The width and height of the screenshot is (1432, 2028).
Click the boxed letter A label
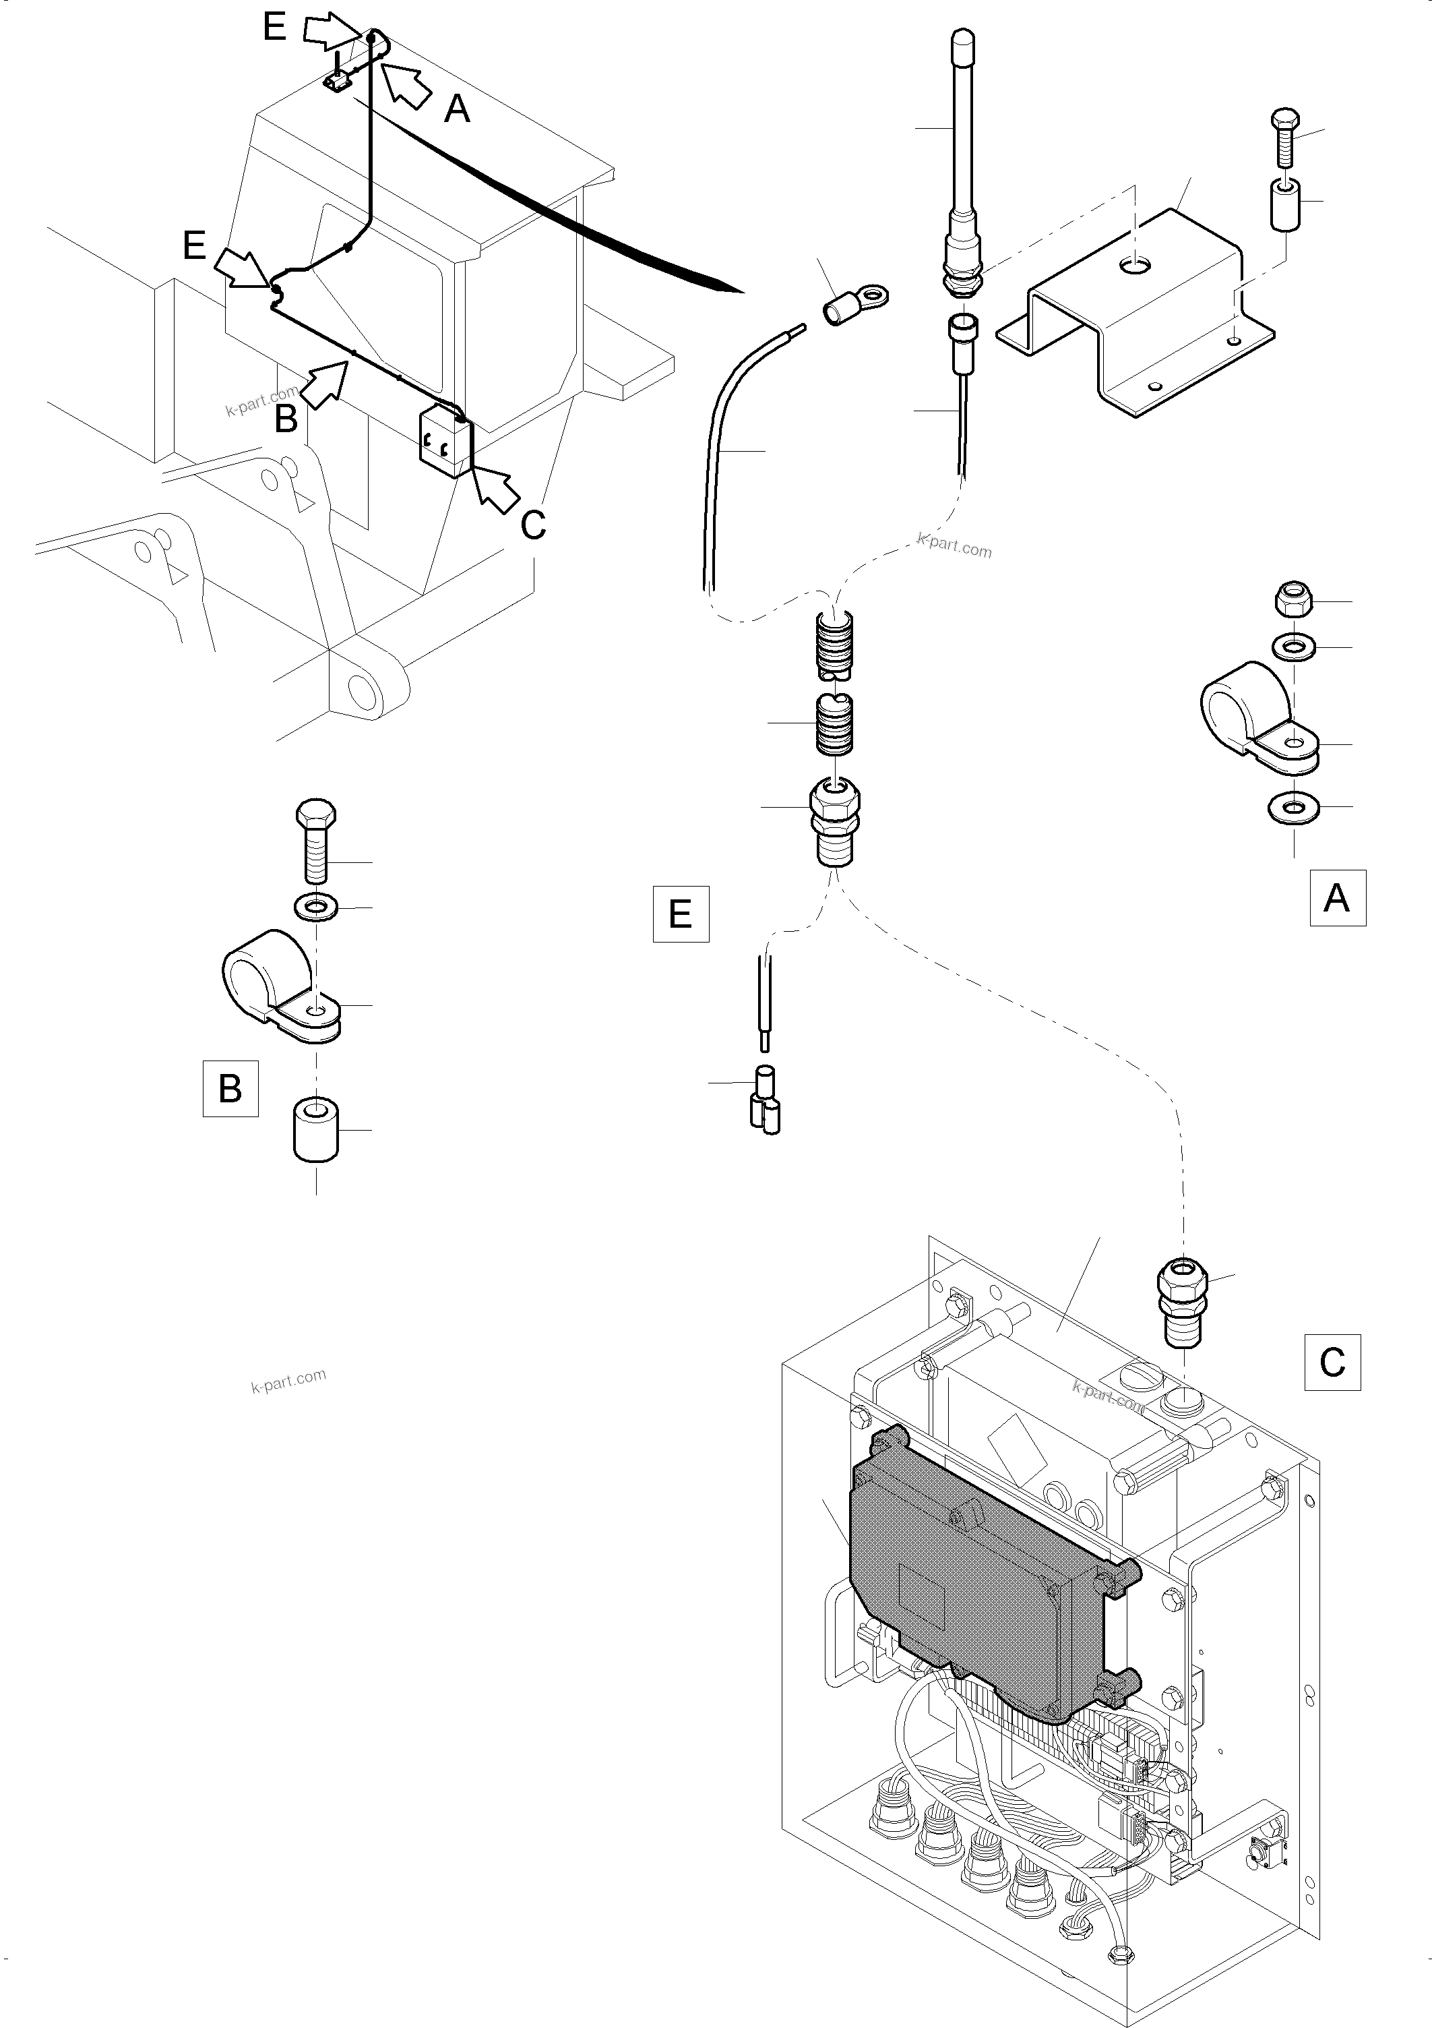[1337, 897]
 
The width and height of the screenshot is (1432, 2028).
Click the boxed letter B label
[230, 1088]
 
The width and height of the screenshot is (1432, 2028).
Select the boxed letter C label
[1332, 1361]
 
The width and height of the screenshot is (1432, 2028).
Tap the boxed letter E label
[680, 914]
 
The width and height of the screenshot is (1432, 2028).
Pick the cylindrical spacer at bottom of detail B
[316, 1130]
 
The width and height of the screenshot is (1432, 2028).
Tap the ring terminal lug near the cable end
[854, 302]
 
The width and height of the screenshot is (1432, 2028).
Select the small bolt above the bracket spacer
[1284, 138]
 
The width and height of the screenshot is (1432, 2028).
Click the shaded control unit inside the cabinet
[971, 1581]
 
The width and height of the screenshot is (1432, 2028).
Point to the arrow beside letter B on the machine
[324, 382]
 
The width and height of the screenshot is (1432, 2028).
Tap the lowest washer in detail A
[1293, 806]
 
